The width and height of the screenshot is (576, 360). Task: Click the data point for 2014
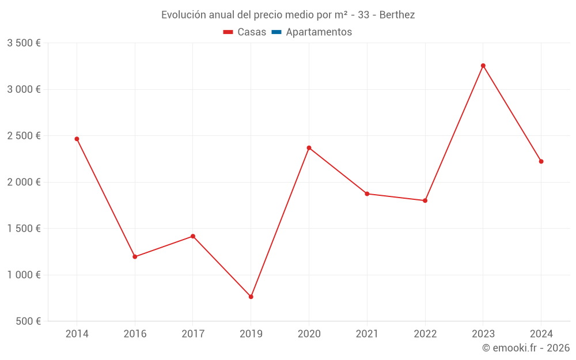pyautogui.click(x=77, y=139)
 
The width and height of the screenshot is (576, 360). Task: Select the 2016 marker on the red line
pyautogui.click(x=135, y=257)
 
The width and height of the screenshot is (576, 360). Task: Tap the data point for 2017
pyautogui.click(x=193, y=236)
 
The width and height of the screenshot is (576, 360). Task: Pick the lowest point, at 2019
pyautogui.click(x=251, y=297)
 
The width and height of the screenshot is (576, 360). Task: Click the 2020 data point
pyautogui.click(x=309, y=148)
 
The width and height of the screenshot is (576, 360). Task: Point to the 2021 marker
pyautogui.click(x=367, y=194)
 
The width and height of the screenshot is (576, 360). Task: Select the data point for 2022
pyautogui.click(x=425, y=200)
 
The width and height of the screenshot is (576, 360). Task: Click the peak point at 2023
pyautogui.click(x=483, y=66)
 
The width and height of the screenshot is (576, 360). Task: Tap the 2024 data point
pyautogui.click(x=541, y=161)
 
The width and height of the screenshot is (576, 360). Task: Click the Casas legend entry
pyautogui.click(x=245, y=32)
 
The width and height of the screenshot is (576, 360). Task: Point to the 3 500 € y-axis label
pyautogui.click(x=24, y=43)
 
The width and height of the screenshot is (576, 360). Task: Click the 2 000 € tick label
pyautogui.click(x=24, y=182)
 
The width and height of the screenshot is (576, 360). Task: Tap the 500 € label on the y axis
pyautogui.click(x=27, y=321)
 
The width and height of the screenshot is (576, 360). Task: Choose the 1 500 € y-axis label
pyautogui.click(x=24, y=229)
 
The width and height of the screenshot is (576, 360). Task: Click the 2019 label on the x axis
pyautogui.click(x=251, y=334)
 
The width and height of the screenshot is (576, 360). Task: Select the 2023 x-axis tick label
pyautogui.click(x=483, y=334)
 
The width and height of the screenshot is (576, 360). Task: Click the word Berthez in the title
pyautogui.click(x=397, y=15)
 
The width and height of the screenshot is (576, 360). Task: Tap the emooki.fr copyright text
pyautogui.click(x=526, y=348)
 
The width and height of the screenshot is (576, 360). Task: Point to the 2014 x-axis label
pyautogui.click(x=77, y=334)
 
